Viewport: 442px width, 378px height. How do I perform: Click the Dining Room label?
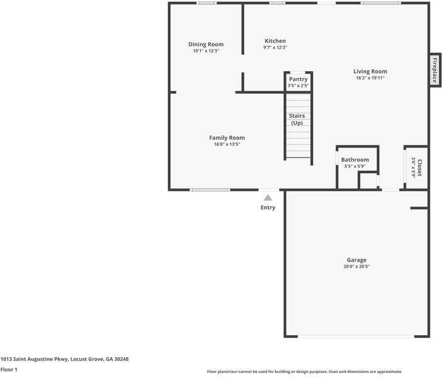point(206,44)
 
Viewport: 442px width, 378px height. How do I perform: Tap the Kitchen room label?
point(275,41)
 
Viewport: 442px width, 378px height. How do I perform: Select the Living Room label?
point(370,71)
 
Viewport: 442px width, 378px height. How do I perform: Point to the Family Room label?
point(227,137)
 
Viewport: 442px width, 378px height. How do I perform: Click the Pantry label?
point(298,79)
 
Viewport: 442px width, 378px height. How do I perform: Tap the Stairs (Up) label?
point(297,119)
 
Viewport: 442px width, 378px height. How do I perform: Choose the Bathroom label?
point(355,159)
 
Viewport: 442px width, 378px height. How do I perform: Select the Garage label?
point(356,260)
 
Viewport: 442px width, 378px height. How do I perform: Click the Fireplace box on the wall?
point(434,70)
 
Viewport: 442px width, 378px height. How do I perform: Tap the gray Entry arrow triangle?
point(268,198)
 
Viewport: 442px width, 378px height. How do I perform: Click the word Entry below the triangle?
point(268,208)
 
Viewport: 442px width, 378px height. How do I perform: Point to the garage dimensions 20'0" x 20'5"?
point(356,267)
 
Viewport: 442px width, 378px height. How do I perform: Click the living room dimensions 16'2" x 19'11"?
point(370,78)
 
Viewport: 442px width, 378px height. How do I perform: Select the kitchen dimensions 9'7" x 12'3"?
point(275,48)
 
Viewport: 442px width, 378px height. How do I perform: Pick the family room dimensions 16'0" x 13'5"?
point(227,144)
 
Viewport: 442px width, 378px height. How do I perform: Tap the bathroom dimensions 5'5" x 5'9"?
point(355,166)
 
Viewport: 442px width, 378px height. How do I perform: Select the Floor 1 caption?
point(9,369)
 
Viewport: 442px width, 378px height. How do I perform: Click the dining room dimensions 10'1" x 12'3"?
point(206,51)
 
